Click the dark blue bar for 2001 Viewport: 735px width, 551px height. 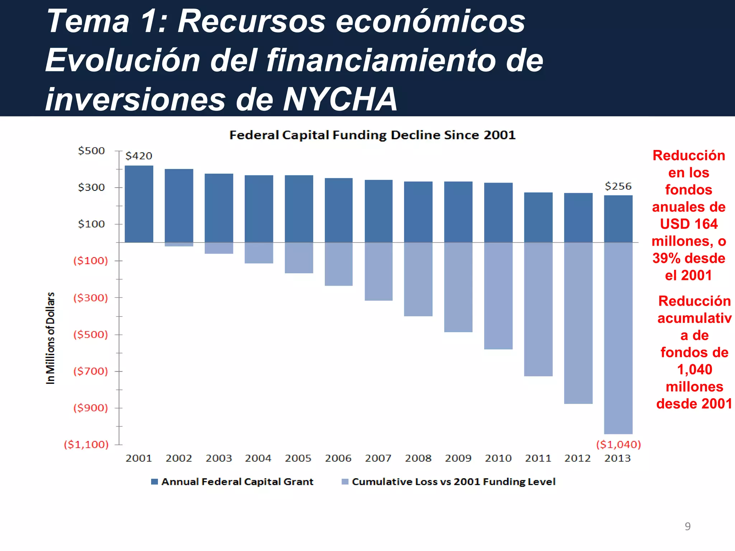point(139,204)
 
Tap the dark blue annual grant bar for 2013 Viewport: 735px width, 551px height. point(618,219)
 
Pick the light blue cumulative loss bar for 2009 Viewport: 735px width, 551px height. point(458,287)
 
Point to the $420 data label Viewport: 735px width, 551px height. point(139,156)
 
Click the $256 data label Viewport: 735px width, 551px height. point(618,186)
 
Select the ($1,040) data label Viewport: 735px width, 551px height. point(618,444)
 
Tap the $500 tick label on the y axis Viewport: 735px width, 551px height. point(92,151)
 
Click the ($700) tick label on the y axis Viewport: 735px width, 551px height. point(90,371)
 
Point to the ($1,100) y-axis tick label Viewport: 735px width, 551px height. point(86,444)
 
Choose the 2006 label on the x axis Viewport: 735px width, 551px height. point(338,458)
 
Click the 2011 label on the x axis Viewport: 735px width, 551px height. point(538,458)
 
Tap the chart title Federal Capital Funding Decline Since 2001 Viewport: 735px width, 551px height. point(372,135)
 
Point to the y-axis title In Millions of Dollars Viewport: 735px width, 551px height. point(51,338)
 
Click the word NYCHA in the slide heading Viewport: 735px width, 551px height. point(340,99)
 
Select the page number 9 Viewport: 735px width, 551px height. point(687,526)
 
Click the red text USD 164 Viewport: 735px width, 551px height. point(689,224)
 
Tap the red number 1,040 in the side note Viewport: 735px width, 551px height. point(694,369)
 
